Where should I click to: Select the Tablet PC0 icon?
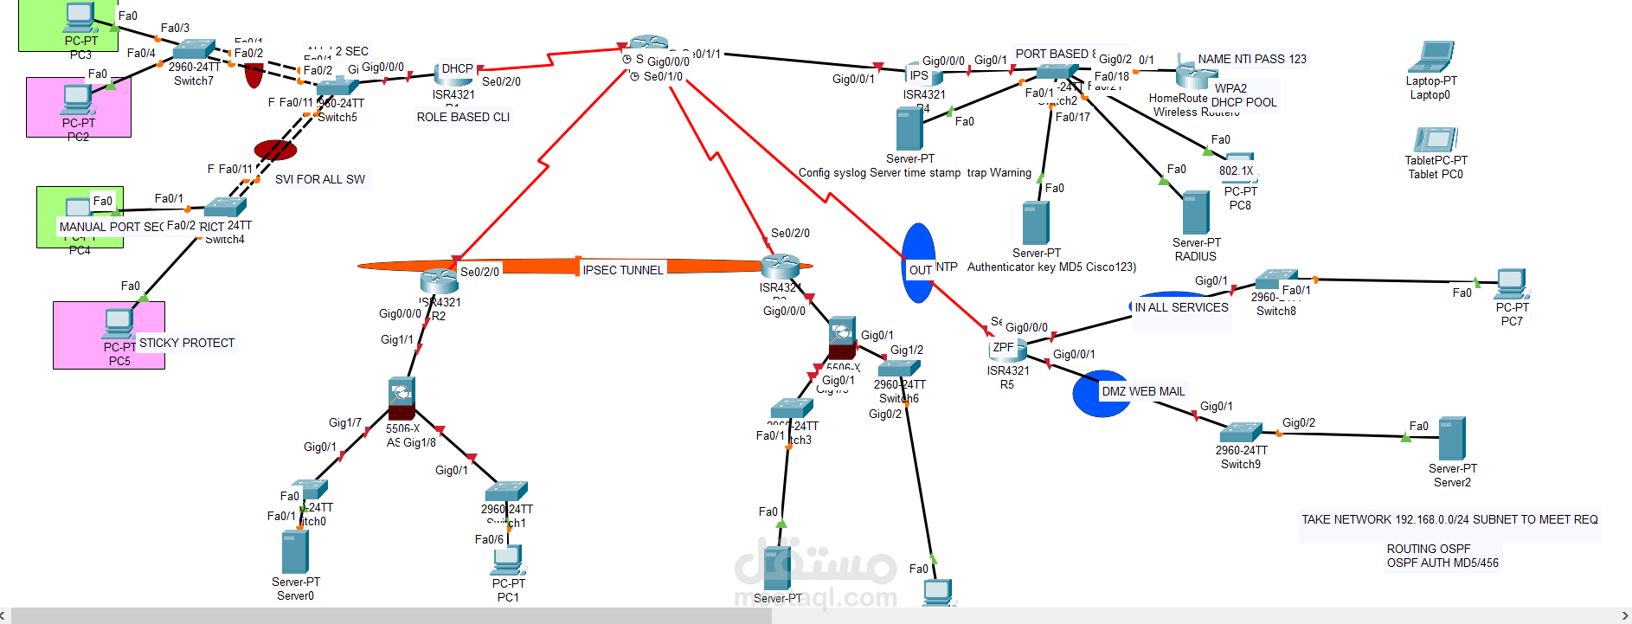[1436, 140]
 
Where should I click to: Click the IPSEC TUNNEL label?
[622, 270]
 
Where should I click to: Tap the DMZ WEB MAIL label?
[1142, 391]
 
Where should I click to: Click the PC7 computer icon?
[1511, 284]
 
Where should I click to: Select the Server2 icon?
[1451, 439]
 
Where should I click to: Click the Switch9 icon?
[1241, 432]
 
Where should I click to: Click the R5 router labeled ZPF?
[1007, 349]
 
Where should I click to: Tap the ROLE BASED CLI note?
[463, 117]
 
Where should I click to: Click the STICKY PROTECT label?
[187, 343]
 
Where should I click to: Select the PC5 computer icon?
[119, 324]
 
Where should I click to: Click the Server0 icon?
[294, 551]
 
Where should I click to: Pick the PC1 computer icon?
[508, 561]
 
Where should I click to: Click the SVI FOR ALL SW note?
[319, 179]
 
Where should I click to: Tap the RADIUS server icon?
[1195, 213]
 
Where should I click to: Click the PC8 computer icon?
[1239, 161]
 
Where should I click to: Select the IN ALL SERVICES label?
[1181, 307]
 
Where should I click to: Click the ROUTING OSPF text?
[1428, 549]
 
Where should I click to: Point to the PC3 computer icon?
[80, 17]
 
